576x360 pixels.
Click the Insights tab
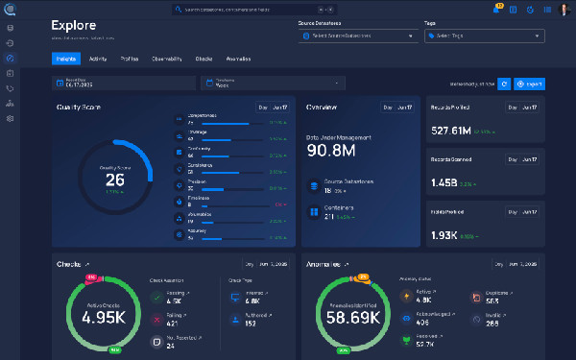coord(66,59)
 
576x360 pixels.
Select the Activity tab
coord(97,59)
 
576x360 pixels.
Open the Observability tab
coord(166,59)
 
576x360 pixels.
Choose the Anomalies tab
coord(238,59)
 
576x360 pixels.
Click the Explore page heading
coord(74,25)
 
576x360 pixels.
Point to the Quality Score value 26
coord(114,179)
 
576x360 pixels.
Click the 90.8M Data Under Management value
coord(331,151)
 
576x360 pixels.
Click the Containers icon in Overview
coord(313,211)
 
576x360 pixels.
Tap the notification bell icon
coord(496,9)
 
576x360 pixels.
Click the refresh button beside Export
coord(505,84)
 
